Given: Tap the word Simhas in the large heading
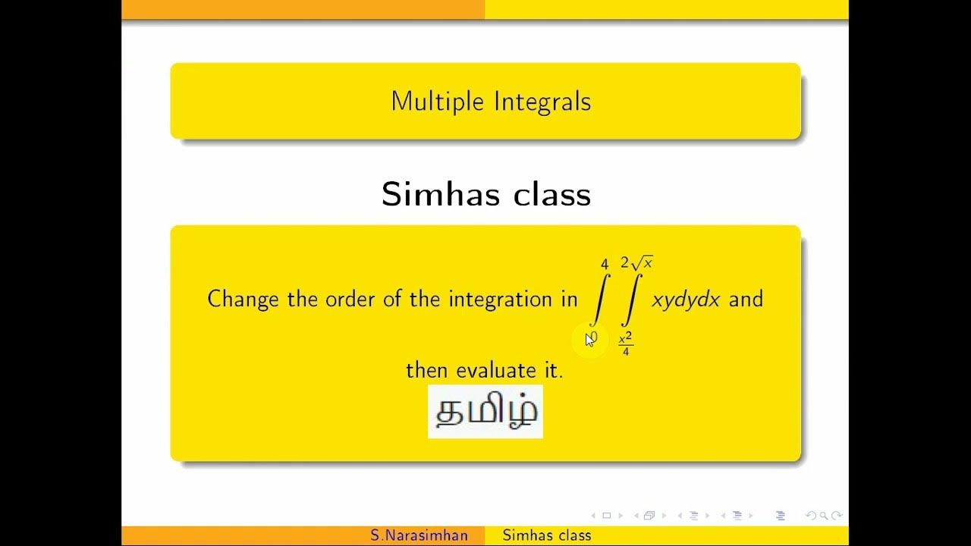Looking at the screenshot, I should [x=440, y=194].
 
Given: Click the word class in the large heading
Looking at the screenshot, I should [x=551, y=194].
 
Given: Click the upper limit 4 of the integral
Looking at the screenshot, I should [x=605, y=264].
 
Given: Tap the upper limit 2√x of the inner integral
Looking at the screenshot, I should [x=636, y=263].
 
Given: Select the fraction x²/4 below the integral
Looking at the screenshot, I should [x=626, y=345].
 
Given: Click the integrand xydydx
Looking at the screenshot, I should [x=686, y=300].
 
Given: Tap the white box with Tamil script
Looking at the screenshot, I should [x=485, y=412].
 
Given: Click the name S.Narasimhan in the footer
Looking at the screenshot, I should [x=420, y=535].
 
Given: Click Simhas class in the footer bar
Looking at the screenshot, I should [x=547, y=535].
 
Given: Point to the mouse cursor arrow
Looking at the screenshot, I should [x=589, y=340].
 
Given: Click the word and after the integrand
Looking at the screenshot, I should [x=746, y=300].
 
